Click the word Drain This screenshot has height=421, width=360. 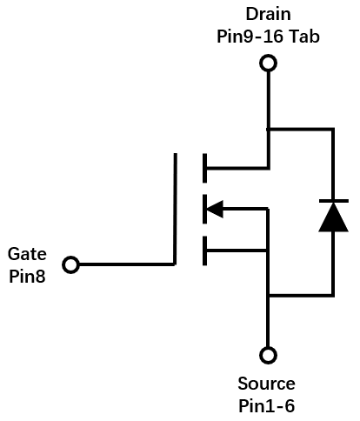(268, 14)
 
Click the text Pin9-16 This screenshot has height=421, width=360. (250, 37)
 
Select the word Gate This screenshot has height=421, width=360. (27, 254)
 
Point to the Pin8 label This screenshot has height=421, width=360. (27, 276)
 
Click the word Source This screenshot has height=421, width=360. (266, 384)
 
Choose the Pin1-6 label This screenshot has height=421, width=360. (266, 405)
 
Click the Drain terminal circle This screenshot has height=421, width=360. (268, 63)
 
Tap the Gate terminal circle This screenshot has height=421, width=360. (71, 264)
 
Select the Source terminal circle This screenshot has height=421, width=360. (268, 355)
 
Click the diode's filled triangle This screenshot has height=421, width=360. (333, 217)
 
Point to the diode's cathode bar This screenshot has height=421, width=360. (334, 201)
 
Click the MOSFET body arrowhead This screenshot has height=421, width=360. (215, 209)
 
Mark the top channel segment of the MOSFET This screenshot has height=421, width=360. (205, 168)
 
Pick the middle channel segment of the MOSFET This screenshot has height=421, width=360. (205, 209)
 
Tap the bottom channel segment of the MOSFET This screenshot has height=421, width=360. (205, 251)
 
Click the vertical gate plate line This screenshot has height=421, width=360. (175, 209)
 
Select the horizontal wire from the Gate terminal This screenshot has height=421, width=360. (127, 264)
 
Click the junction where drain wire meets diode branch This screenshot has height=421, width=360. (269, 129)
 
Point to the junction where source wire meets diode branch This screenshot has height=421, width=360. (269, 296)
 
